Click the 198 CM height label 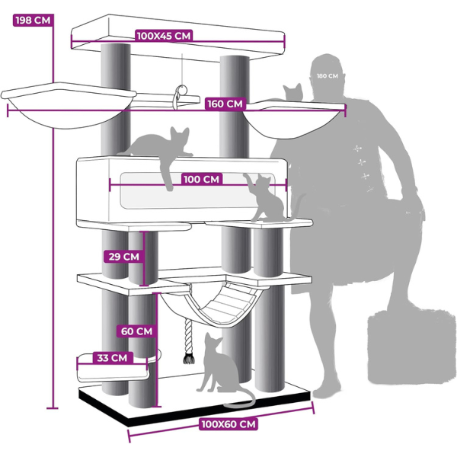(34, 21)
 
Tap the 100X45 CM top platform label (164, 36)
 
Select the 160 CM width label (225, 104)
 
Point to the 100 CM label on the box (201, 179)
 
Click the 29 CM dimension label (124, 257)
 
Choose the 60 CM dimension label (136, 331)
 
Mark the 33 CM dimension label (112, 358)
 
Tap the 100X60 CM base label (228, 423)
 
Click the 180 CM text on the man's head (328, 76)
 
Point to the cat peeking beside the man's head (293, 92)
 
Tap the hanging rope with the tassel (188, 340)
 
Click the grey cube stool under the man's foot (411, 345)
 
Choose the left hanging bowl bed (69, 105)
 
